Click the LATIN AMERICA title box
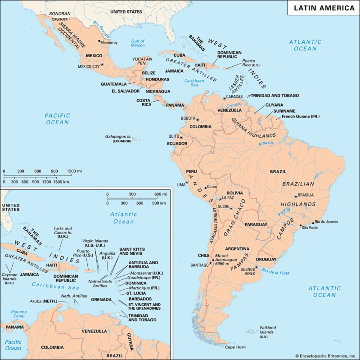(x=324, y=8)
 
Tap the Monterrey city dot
(x=99, y=41)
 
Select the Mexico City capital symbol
(x=102, y=64)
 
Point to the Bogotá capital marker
(x=198, y=120)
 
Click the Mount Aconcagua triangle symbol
(x=213, y=259)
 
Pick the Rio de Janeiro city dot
(x=313, y=223)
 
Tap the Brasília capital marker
(x=296, y=196)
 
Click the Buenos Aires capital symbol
(x=256, y=267)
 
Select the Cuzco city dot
(x=205, y=188)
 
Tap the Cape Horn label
(x=235, y=347)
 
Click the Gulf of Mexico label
(x=138, y=43)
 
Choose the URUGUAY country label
(x=266, y=259)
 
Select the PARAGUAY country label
(x=256, y=224)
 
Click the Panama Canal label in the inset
(x=19, y=314)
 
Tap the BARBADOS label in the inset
(x=140, y=299)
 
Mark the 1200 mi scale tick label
(x=74, y=171)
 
